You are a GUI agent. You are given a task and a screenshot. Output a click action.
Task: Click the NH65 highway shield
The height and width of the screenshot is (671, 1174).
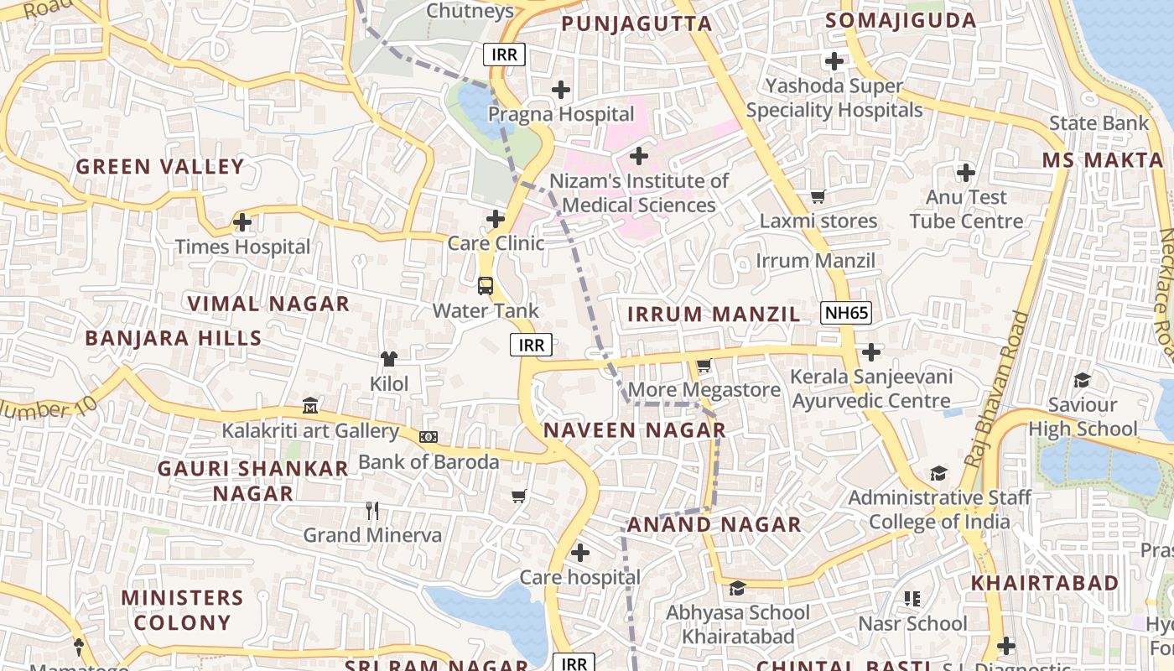[x=846, y=314]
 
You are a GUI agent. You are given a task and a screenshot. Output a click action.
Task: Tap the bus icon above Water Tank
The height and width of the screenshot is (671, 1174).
[x=486, y=286]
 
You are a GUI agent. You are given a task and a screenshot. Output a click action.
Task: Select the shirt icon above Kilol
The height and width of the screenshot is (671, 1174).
[x=389, y=359]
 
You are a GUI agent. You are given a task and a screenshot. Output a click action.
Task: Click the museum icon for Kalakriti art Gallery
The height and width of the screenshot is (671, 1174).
[x=310, y=407]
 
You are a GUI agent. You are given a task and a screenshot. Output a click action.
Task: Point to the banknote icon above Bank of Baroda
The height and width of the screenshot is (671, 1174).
[x=429, y=437]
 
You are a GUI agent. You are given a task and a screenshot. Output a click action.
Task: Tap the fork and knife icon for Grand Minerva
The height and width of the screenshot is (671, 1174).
[x=372, y=510]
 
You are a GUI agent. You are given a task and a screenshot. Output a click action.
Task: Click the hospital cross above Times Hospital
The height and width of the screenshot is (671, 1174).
[x=242, y=222]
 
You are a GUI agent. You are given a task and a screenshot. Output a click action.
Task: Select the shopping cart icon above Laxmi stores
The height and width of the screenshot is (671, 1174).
[x=818, y=197]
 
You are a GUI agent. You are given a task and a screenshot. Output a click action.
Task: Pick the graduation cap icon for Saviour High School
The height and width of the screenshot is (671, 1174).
[x=1082, y=381]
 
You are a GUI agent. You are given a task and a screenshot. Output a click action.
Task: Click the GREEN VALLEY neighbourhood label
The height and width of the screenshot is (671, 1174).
[x=160, y=166]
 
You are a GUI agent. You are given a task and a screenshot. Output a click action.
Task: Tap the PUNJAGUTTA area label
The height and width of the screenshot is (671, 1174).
[x=636, y=23]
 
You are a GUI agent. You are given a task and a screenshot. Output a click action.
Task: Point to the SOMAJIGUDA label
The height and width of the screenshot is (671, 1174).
[x=901, y=21]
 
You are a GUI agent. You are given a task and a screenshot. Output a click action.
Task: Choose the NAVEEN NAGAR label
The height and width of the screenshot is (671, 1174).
[x=635, y=430]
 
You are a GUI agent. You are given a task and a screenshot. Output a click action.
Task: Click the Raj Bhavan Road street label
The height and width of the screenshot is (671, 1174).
[x=997, y=390]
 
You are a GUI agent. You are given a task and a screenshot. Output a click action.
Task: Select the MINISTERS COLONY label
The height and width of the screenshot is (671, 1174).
[x=182, y=610]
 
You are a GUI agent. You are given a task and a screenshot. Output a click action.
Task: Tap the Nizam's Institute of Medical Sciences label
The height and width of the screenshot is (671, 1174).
[x=639, y=193]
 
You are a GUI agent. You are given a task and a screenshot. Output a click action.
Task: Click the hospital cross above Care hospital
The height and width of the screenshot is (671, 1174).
[x=579, y=553]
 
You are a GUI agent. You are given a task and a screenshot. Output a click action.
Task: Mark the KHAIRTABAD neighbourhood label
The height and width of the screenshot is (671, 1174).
[x=1045, y=582]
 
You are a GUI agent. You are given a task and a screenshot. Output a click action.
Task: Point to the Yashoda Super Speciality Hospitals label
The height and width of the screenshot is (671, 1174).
[x=834, y=98]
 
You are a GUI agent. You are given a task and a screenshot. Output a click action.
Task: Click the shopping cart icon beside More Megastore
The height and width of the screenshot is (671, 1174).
[x=704, y=366]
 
